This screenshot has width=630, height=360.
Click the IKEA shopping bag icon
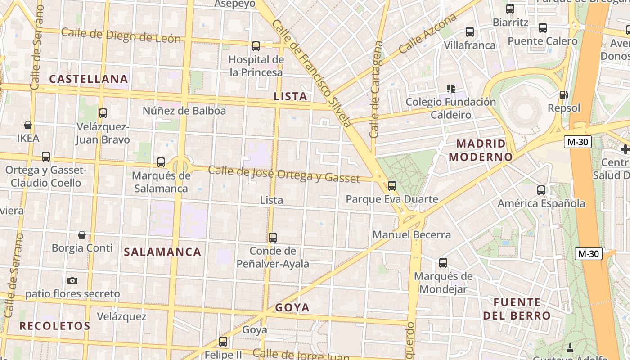click(x=28, y=125)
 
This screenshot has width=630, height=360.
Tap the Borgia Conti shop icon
click(x=82, y=235)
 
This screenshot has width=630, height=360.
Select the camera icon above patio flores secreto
click(x=72, y=281)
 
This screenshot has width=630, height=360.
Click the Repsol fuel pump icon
click(x=563, y=95)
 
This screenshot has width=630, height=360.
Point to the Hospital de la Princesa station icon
click(x=256, y=46)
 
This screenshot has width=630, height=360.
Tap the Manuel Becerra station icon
click(x=392, y=185)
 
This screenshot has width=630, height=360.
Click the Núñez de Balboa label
click(x=184, y=111)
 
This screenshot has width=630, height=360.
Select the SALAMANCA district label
click(x=162, y=252)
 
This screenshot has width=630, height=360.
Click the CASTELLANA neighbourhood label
click(x=89, y=79)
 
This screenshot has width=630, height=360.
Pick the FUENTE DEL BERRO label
click(x=517, y=309)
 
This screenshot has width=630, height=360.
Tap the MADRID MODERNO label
click(x=481, y=150)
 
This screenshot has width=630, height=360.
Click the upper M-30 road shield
click(x=577, y=142)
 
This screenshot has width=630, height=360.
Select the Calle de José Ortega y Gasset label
click(x=284, y=174)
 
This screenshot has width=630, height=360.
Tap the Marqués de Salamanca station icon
click(x=161, y=162)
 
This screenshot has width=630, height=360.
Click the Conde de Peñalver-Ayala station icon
click(x=273, y=238)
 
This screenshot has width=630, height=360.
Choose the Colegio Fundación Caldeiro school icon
click(x=450, y=89)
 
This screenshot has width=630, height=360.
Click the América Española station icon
click(x=541, y=190)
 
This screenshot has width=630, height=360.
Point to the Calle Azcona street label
click(x=427, y=34)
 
